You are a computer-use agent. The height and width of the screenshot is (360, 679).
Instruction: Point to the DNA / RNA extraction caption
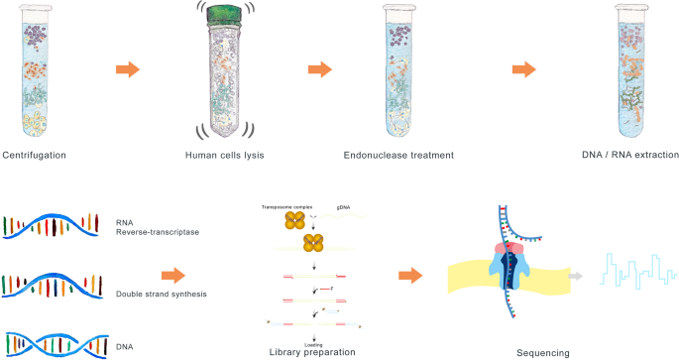629,155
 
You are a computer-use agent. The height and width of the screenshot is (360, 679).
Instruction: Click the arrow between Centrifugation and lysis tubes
128,71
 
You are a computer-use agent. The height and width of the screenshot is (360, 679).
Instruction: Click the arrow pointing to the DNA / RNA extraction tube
523,71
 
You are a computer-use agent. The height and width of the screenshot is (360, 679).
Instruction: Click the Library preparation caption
310,351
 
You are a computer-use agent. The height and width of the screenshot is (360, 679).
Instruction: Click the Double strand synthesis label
145,294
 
